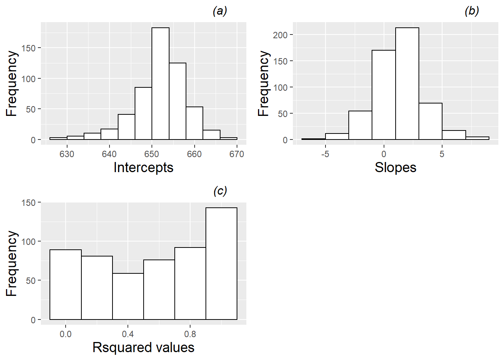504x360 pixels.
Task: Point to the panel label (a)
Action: coord(220,11)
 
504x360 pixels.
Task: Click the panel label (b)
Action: coord(471,11)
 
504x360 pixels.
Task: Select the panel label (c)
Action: coord(220,191)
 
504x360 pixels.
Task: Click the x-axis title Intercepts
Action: coord(143,167)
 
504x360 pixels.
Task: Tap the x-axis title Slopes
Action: coord(395,167)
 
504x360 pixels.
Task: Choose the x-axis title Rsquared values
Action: coord(143,347)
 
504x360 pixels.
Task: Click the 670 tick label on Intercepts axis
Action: coord(237,154)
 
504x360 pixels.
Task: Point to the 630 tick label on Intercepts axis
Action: coord(67,154)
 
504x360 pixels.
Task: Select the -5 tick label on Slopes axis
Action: coord(325,154)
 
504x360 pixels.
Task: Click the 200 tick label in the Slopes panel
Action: coord(280,35)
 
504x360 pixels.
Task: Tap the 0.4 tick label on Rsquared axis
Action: coord(128,334)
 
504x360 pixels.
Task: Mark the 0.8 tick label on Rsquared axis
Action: coord(190,334)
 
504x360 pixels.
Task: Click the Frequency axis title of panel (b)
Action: coord(264,83)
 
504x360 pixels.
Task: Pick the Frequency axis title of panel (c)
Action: coord(12,263)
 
